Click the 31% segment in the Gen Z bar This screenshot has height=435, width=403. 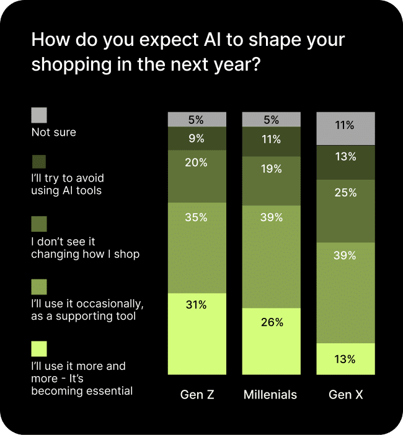[197, 333]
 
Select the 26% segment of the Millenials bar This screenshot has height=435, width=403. [272, 341]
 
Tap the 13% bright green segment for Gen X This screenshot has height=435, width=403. [346, 359]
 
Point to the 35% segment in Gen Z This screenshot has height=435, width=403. [197, 248]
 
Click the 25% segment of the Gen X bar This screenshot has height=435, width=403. [346, 211]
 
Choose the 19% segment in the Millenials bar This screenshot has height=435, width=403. [272, 181]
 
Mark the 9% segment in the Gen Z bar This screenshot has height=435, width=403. [197, 139]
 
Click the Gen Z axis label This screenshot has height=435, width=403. [197, 395]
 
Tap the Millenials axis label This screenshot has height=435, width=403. [270, 395]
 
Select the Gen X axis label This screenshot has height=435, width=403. [346, 395]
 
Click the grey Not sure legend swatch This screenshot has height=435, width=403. [39, 115]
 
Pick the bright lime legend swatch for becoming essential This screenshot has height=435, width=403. [39, 349]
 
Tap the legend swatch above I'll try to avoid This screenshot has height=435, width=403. [39, 161]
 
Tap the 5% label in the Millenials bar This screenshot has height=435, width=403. [272, 120]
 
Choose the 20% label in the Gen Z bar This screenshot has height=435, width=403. [197, 163]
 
